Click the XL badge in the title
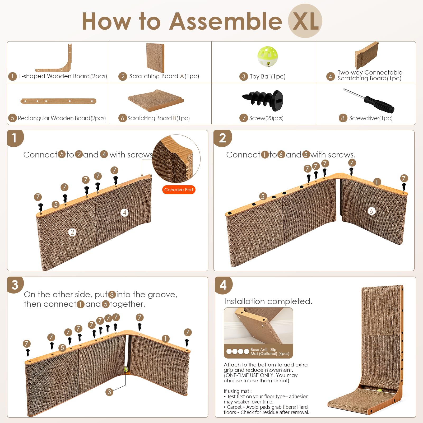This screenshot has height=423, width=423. point(305,21)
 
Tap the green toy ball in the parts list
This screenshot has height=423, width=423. point(267,56)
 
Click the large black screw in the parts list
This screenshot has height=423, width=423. point(263,100)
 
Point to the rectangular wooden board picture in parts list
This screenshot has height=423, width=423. point(58,101)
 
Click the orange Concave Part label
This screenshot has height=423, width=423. point(179,190)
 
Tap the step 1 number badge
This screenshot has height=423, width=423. point(15,138)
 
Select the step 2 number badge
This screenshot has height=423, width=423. point(222,138)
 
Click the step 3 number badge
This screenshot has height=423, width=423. point(15,285)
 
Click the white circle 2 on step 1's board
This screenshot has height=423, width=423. point(72,232)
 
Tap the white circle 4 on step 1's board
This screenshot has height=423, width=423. point(124,212)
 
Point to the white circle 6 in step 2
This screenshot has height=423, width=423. point(371,211)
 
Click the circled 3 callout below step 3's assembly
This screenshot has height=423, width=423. point(109,392)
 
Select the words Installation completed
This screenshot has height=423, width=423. point(268,301)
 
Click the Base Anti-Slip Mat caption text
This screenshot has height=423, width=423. point(269,351)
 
